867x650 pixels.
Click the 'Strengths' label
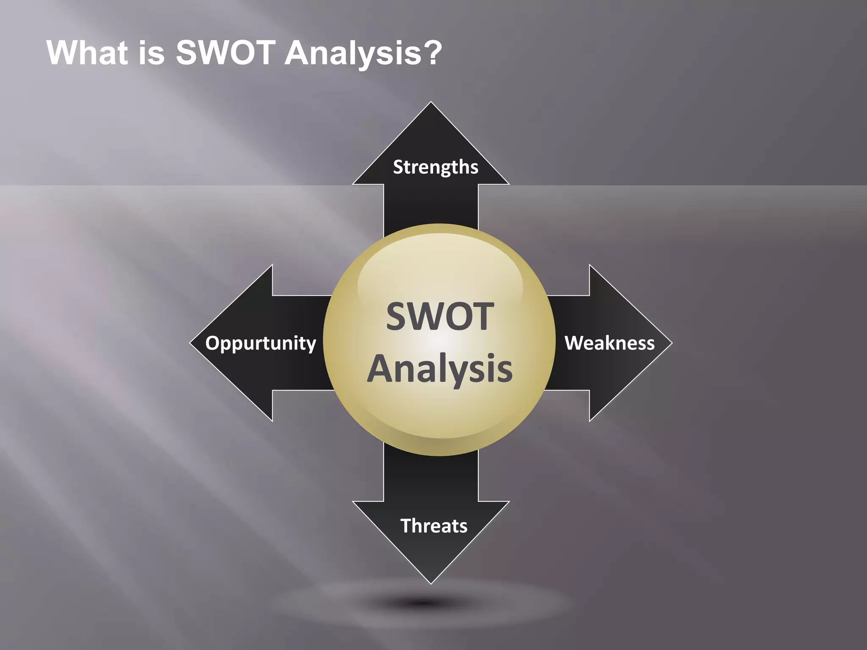pos(436,167)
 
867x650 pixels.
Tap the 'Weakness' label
pos(610,343)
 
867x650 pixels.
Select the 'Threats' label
pos(434,526)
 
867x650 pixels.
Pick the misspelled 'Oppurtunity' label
pos(260,343)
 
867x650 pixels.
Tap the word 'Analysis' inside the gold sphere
pos(440,369)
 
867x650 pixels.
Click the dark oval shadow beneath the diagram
pos(423,603)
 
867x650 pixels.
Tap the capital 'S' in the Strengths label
pos(398,167)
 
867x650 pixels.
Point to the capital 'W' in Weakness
pos(574,343)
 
